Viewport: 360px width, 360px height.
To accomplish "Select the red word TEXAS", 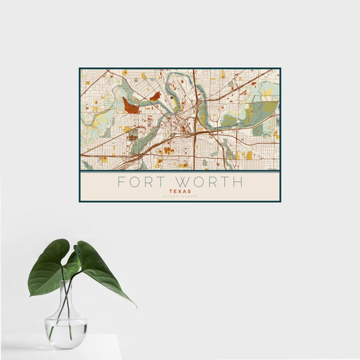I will click(180, 191).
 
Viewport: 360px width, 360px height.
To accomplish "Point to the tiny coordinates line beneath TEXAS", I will click(180, 197).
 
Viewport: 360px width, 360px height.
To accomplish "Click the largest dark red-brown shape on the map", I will click(130, 106).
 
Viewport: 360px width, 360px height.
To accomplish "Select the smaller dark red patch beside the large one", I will click(155, 96).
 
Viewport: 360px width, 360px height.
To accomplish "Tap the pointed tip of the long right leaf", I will click(136, 307).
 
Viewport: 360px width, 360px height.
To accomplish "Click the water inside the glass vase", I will click(66, 334).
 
